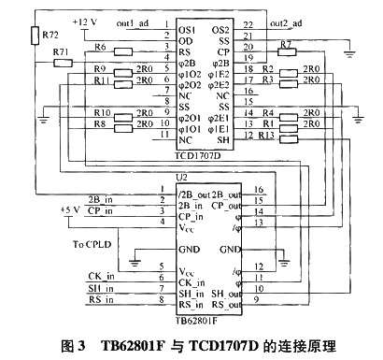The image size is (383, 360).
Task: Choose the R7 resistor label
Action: coord(287,44)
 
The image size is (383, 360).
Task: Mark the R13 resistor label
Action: coord(267,136)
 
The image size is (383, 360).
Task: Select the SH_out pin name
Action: coord(219,290)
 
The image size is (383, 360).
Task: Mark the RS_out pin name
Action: coord(219,301)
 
